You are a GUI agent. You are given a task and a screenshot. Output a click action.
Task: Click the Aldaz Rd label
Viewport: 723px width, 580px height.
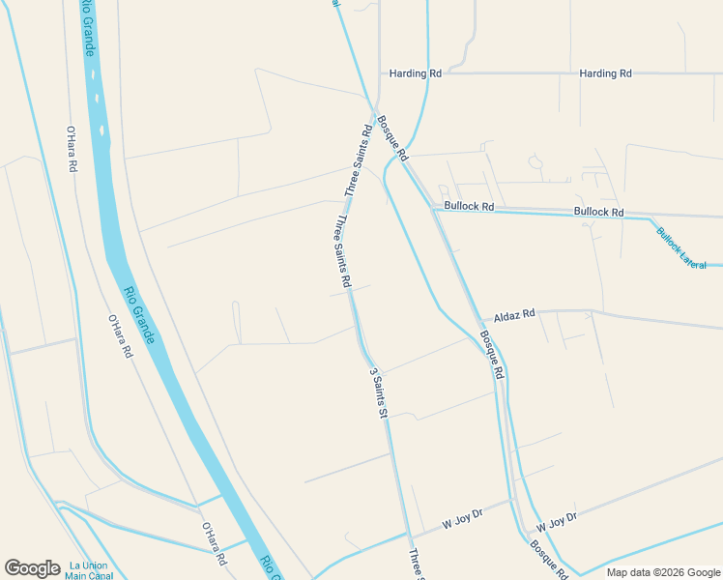click(x=514, y=315)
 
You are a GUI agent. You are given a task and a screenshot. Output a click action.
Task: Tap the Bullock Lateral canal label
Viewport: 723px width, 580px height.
click(x=681, y=246)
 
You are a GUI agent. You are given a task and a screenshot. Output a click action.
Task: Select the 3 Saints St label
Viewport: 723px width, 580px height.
click(x=378, y=391)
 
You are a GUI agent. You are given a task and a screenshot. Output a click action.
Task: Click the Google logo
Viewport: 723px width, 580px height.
click(x=32, y=568)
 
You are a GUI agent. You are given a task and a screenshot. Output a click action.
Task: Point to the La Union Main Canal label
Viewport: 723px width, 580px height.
click(x=89, y=570)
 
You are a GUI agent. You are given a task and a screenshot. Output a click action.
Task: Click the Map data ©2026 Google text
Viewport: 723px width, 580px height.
click(x=663, y=572)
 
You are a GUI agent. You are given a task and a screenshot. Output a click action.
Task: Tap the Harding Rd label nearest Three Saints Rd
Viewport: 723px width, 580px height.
click(x=415, y=73)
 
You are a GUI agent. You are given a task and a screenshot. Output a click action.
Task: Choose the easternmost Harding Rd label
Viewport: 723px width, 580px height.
click(x=605, y=73)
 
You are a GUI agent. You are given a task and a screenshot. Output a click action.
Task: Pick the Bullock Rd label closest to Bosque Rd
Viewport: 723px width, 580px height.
click(x=469, y=207)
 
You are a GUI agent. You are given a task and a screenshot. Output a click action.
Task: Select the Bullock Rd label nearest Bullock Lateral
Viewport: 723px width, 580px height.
click(x=598, y=212)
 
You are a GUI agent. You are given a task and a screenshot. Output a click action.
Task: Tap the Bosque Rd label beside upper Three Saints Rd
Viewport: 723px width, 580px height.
click(x=392, y=138)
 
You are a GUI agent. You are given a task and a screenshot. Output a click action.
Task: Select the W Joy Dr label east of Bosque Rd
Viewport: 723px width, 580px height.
click(x=557, y=521)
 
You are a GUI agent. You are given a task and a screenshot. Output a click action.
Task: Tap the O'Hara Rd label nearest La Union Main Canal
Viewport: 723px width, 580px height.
click(x=214, y=544)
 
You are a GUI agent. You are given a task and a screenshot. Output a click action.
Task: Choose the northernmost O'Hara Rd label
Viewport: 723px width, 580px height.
click(x=71, y=148)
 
